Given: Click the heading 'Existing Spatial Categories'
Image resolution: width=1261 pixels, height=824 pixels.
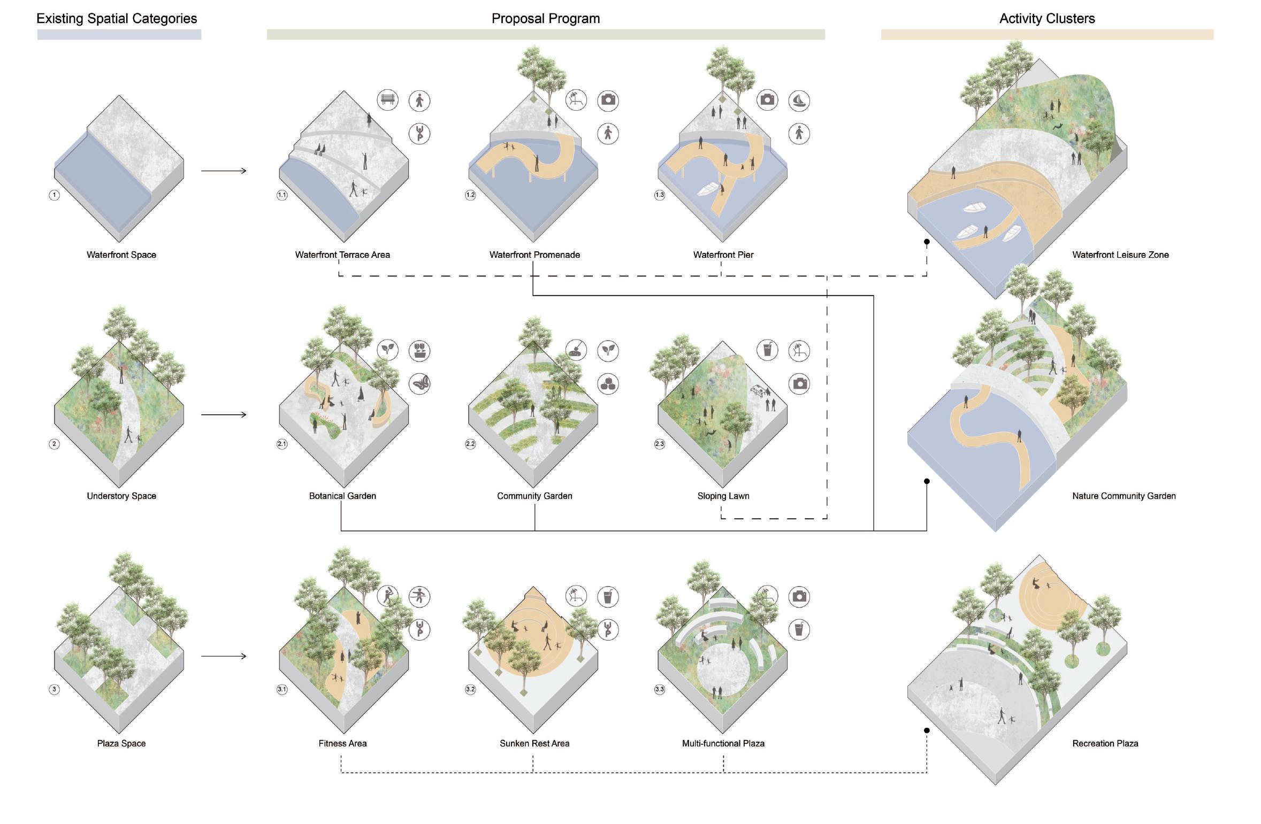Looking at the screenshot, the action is tap(117, 19).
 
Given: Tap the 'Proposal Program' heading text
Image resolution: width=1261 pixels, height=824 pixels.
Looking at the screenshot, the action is tap(545, 19).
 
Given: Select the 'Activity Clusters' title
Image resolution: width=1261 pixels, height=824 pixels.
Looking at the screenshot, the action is tap(1046, 19).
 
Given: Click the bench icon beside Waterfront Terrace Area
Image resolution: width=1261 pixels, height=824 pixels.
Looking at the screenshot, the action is tap(387, 100).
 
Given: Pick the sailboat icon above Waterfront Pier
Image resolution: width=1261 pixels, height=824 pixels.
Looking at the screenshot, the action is tap(799, 101).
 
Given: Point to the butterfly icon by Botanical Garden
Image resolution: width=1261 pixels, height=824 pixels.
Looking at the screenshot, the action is tap(419, 383).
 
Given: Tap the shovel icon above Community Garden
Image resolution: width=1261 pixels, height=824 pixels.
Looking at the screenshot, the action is tap(576, 350).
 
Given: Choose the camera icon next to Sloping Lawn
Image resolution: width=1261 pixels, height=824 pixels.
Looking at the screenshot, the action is tap(799, 383).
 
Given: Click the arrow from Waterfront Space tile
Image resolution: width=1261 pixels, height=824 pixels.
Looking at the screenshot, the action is tap(224, 171).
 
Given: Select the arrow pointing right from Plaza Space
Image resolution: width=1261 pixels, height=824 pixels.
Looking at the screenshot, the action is tap(224, 656).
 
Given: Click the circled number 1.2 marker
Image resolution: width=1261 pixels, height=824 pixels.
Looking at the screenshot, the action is tap(470, 195).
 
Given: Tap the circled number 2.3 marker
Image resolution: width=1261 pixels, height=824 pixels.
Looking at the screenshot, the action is tap(659, 444).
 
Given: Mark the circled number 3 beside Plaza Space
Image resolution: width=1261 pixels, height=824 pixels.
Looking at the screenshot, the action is tap(54, 689).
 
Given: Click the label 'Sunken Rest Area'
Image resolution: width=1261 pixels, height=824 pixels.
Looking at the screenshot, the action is tap(534, 743).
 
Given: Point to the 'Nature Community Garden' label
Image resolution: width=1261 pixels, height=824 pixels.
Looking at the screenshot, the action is tap(1124, 496).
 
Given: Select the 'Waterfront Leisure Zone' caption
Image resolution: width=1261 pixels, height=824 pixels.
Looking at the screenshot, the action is tap(1120, 255).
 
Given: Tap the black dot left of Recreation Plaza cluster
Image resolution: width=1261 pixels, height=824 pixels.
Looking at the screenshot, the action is tap(927, 730).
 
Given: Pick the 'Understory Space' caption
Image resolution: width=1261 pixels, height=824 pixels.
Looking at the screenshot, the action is tap(121, 496).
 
